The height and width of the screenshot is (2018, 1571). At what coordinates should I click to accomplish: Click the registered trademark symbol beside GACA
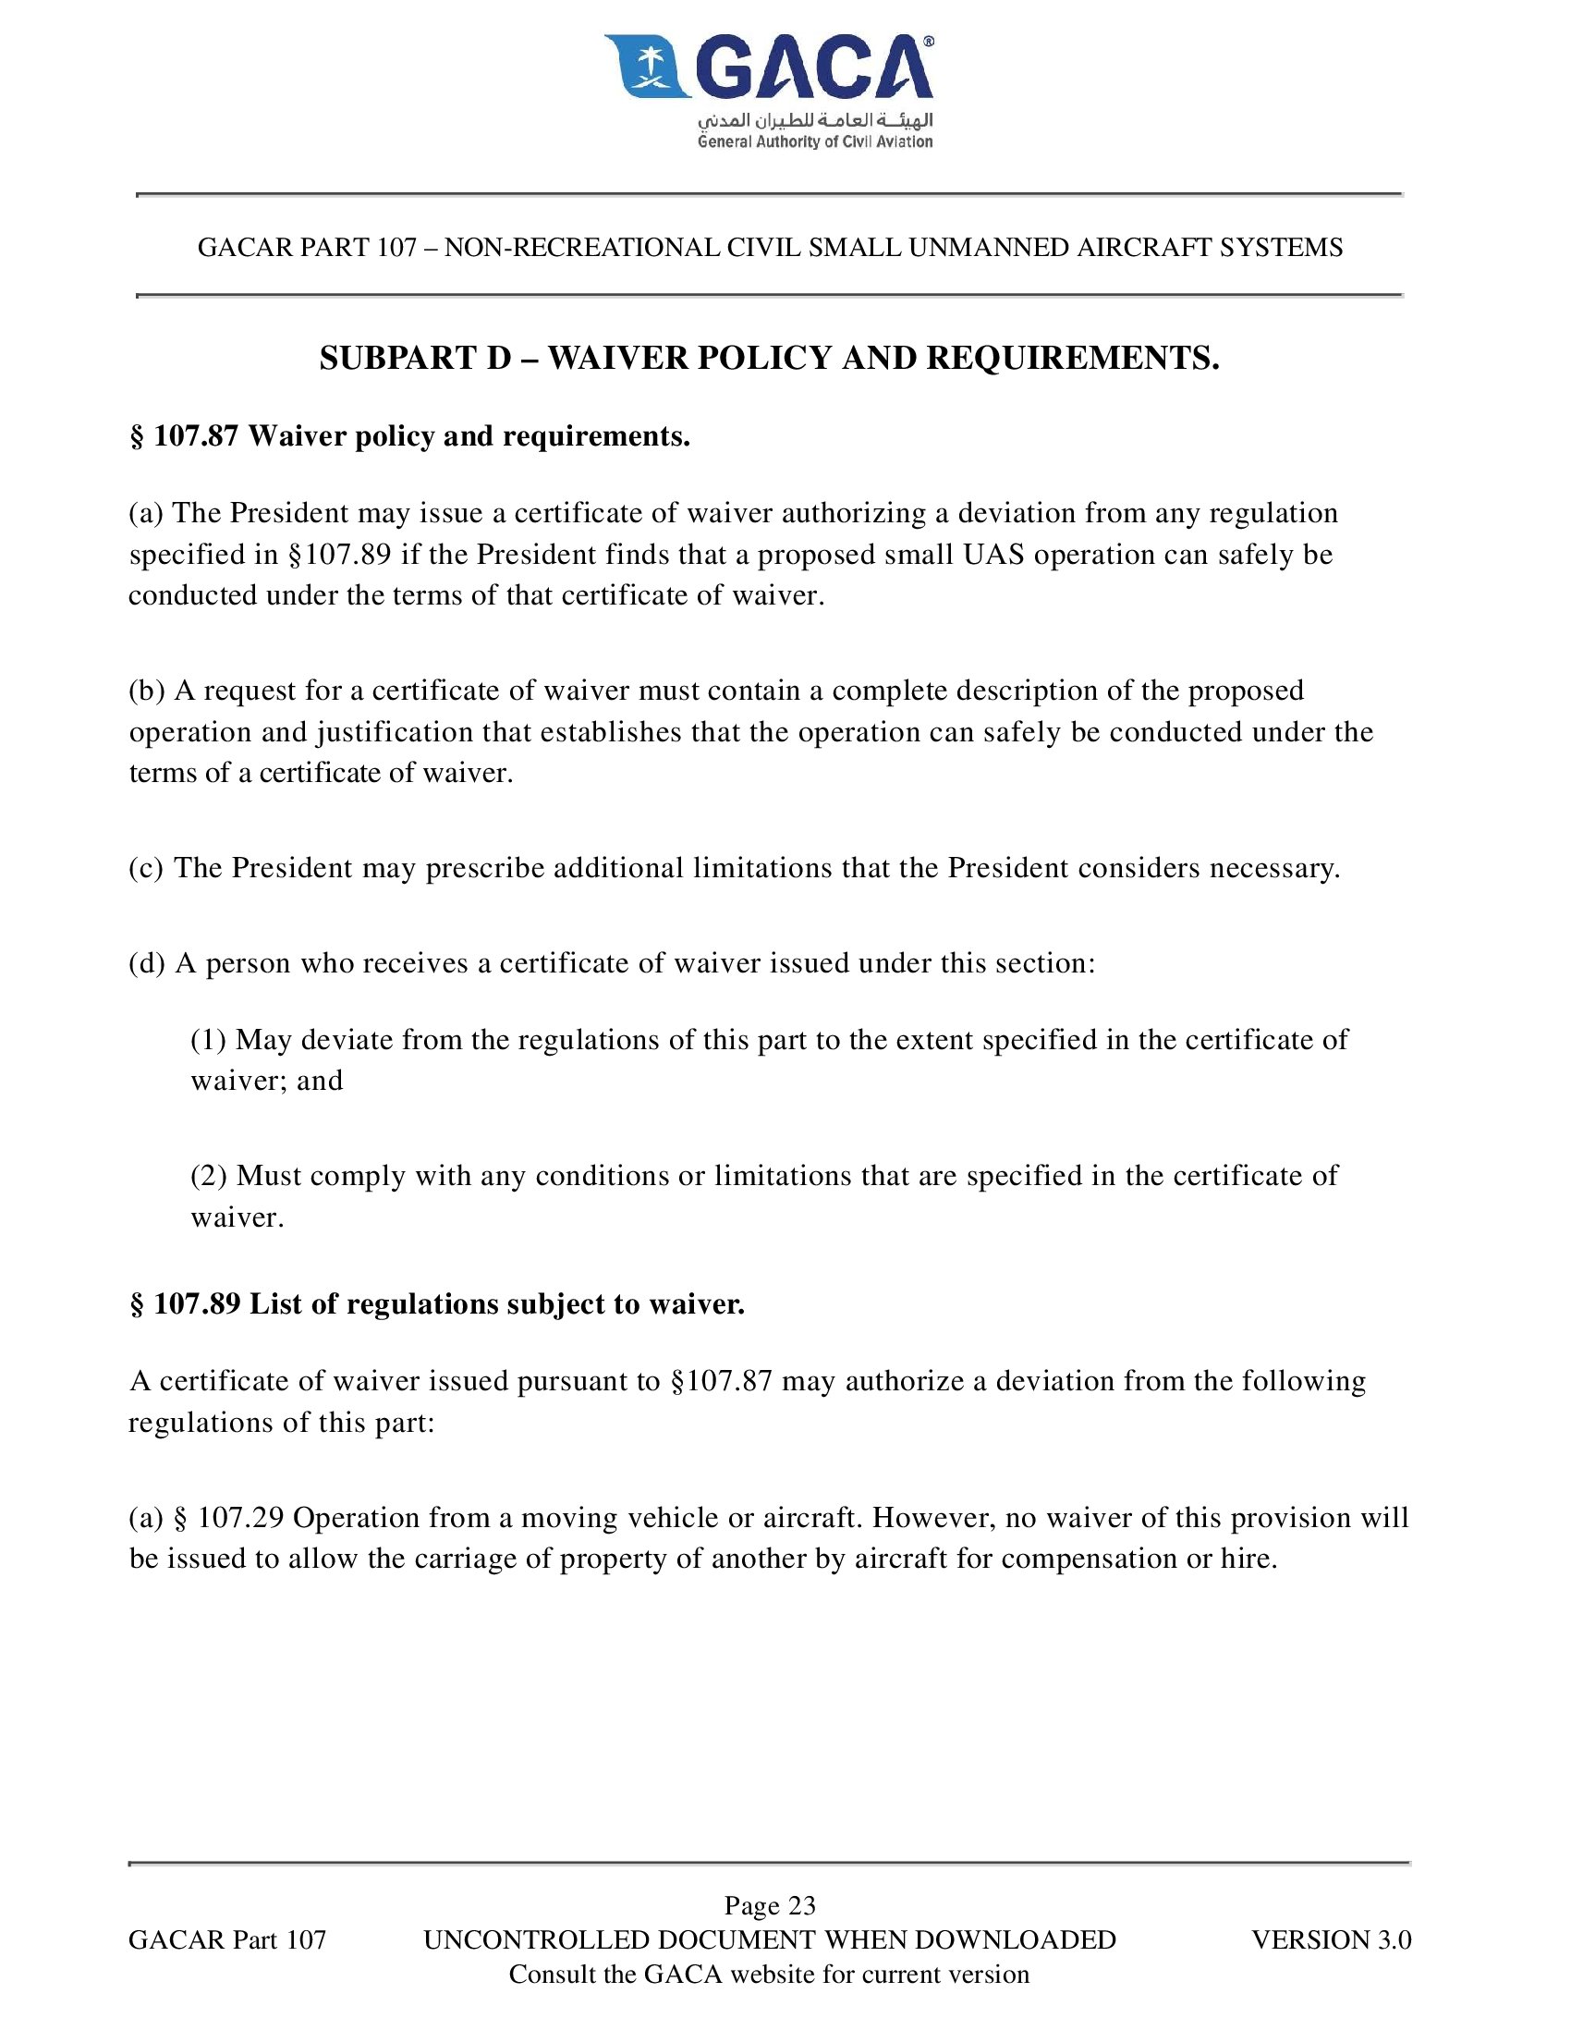tap(928, 42)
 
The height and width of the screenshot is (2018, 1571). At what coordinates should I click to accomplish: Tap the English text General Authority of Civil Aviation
tap(815, 141)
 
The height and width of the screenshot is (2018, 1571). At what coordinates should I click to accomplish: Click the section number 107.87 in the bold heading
tap(196, 435)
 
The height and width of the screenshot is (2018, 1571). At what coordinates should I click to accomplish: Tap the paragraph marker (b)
tap(147, 691)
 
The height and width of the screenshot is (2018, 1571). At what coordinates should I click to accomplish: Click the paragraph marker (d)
tap(147, 963)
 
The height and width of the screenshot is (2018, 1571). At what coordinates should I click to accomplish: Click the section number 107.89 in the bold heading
tap(197, 1303)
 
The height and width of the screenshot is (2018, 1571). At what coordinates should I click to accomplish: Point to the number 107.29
tap(240, 1518)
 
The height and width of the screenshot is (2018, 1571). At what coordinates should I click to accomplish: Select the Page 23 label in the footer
tap(770, 1905)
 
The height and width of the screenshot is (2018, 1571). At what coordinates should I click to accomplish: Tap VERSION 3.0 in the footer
tap(1331, 1939)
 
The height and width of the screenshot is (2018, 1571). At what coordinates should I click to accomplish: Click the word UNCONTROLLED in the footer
tap(536, 1939)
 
